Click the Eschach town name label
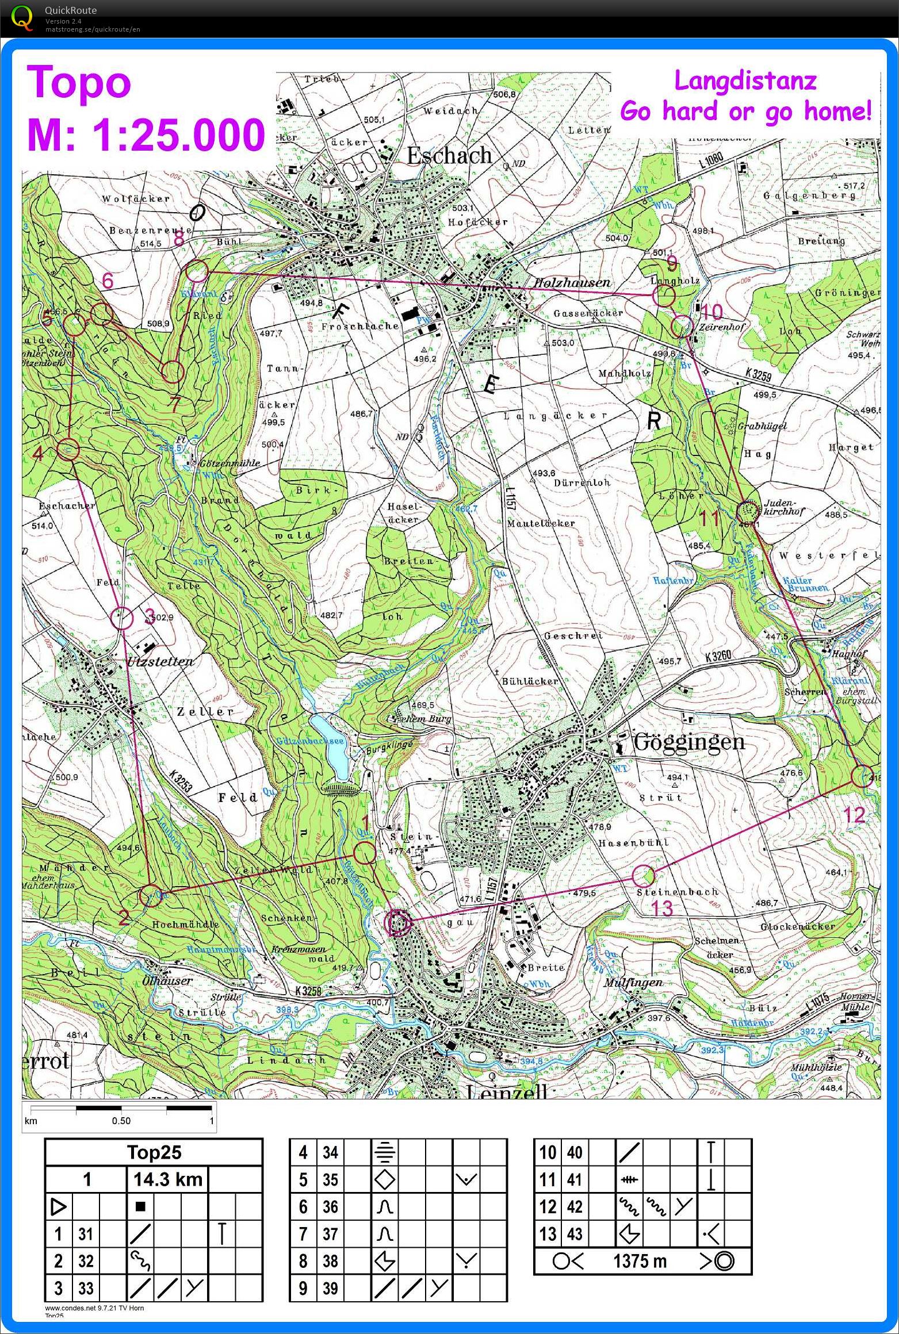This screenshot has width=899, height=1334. click(449, 155)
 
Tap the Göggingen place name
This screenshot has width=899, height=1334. click(688, 741)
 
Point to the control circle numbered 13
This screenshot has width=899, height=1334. click(644, 876)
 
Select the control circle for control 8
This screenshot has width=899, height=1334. click(197, 270)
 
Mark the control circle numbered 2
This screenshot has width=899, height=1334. click(151, 895)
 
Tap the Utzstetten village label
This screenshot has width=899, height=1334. click(160, 661)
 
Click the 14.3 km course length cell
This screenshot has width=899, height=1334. click(168, 1180)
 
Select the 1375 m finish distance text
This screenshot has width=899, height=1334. click(640, 1262)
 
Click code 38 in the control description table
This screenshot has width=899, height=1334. click(330, 1261)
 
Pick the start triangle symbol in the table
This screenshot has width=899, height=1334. click(59, 1207)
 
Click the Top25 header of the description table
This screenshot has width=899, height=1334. click(154, 1152)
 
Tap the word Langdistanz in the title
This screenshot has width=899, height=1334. click(745, 80)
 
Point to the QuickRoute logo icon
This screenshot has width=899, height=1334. click(22, 17)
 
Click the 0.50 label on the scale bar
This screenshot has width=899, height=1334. click(121, 1121)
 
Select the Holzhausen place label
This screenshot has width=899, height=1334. click(571, 282)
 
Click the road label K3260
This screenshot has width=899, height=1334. click(717, 655)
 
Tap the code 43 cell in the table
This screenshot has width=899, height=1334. click(575, 1234)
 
